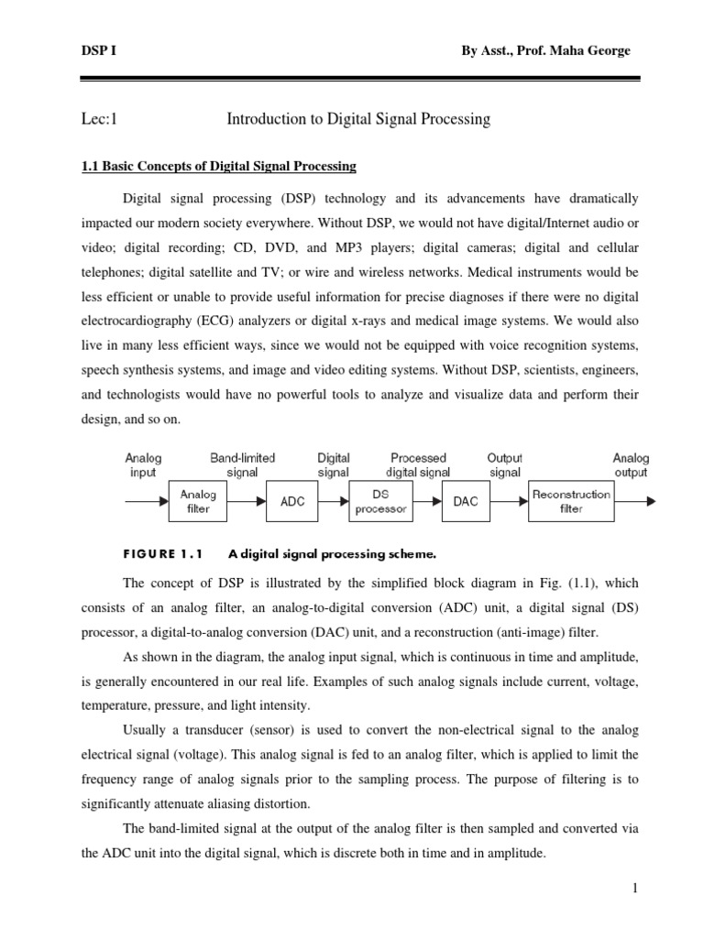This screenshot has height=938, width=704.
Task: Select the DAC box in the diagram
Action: click(x=465, y=502)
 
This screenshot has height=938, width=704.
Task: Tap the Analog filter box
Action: click(x=197, y=501)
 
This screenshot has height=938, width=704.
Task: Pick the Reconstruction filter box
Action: click(x=570, y=501)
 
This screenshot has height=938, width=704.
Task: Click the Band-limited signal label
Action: click(x=242, y=465)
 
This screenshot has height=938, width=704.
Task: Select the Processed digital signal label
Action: click(x=417, y=465)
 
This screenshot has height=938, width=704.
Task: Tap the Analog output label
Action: click(x=631, y=465)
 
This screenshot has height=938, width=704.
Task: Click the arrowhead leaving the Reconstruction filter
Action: click(x=650, y=501)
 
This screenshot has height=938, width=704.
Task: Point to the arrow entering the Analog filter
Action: click(x=147, y=501)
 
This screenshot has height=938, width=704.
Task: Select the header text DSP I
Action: click(x=90, y=51)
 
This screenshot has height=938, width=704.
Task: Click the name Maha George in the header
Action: click(x=595, y=51)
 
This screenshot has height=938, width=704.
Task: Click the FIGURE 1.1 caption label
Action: click(x=161, y=553)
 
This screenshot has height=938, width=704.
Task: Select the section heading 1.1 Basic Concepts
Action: click(x=219, y=167)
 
